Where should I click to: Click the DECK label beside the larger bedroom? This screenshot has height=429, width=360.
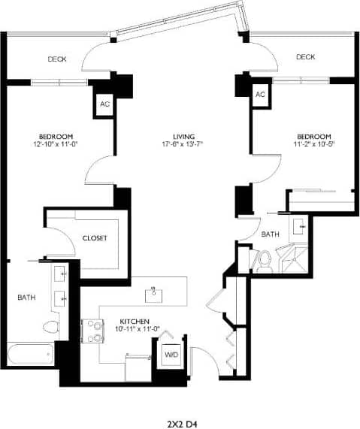pyautogui.click(x=57, y=59)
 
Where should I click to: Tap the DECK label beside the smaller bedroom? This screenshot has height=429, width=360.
pyautogui.click(x=304, y=57)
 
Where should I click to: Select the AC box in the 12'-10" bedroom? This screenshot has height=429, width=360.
pyautogui.click(x=104, y=104)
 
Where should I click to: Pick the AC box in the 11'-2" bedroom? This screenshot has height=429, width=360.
pyautogui.click(x=260, y=95)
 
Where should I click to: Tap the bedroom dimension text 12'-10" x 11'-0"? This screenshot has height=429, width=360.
pyautogui.click(x=56, y=144)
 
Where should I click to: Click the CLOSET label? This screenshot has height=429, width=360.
pyautogui.click(x=95, y=238)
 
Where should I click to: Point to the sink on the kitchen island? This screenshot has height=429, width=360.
pyautogui.click(x=156, y=291)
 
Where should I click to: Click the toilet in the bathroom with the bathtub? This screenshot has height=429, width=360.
pyautogui.click(x=50, y=327)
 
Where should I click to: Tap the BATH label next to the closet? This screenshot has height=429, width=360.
pyautogui.click(x=26, y=298)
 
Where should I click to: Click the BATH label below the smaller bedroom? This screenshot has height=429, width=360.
pyautogui.click(x=270, y=234)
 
